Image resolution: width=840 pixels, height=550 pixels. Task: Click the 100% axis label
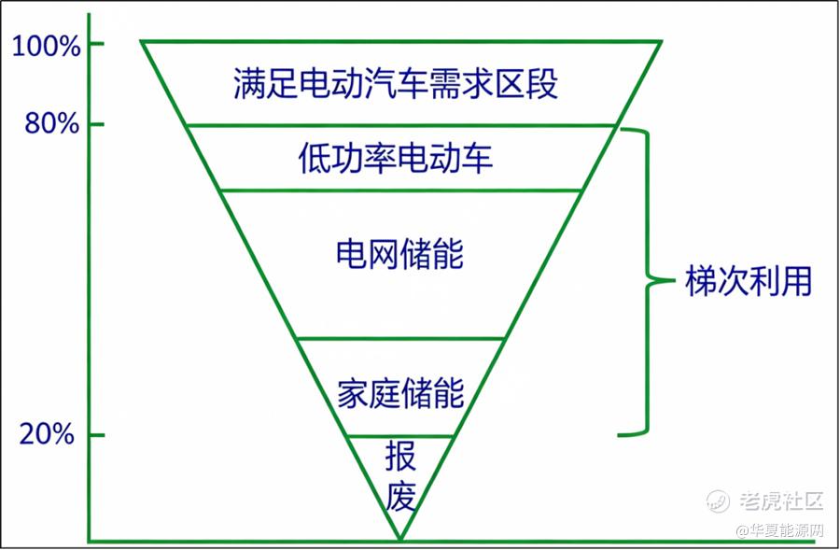(46, 46)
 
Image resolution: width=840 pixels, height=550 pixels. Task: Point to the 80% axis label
(52, 123)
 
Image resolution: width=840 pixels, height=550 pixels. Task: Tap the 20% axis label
(47, 433)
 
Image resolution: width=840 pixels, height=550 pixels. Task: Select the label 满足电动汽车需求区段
(396, 83)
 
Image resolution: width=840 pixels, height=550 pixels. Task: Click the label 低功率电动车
(396, 158)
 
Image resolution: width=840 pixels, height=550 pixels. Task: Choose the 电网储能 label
(399, 253)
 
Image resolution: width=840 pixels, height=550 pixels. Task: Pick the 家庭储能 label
(400, 393)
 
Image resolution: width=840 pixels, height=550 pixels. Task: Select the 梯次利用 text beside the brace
(749, 280)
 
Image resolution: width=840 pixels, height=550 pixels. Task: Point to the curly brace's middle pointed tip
(673, 280)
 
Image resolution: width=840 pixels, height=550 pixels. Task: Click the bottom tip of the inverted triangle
(400, 539)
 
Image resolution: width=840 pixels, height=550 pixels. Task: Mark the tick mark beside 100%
(96, 43)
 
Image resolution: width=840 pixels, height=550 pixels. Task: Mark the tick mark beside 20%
(96, 435)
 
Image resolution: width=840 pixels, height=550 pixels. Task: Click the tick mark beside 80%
(96, 124)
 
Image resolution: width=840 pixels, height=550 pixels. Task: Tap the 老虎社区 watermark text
(781, 501)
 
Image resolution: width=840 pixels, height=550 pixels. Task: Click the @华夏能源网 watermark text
(780, 530)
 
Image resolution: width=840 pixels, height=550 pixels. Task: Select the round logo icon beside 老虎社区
(718, 501)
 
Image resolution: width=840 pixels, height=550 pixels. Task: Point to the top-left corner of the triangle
(142, 41)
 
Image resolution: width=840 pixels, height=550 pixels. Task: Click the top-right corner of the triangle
(662, 41)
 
